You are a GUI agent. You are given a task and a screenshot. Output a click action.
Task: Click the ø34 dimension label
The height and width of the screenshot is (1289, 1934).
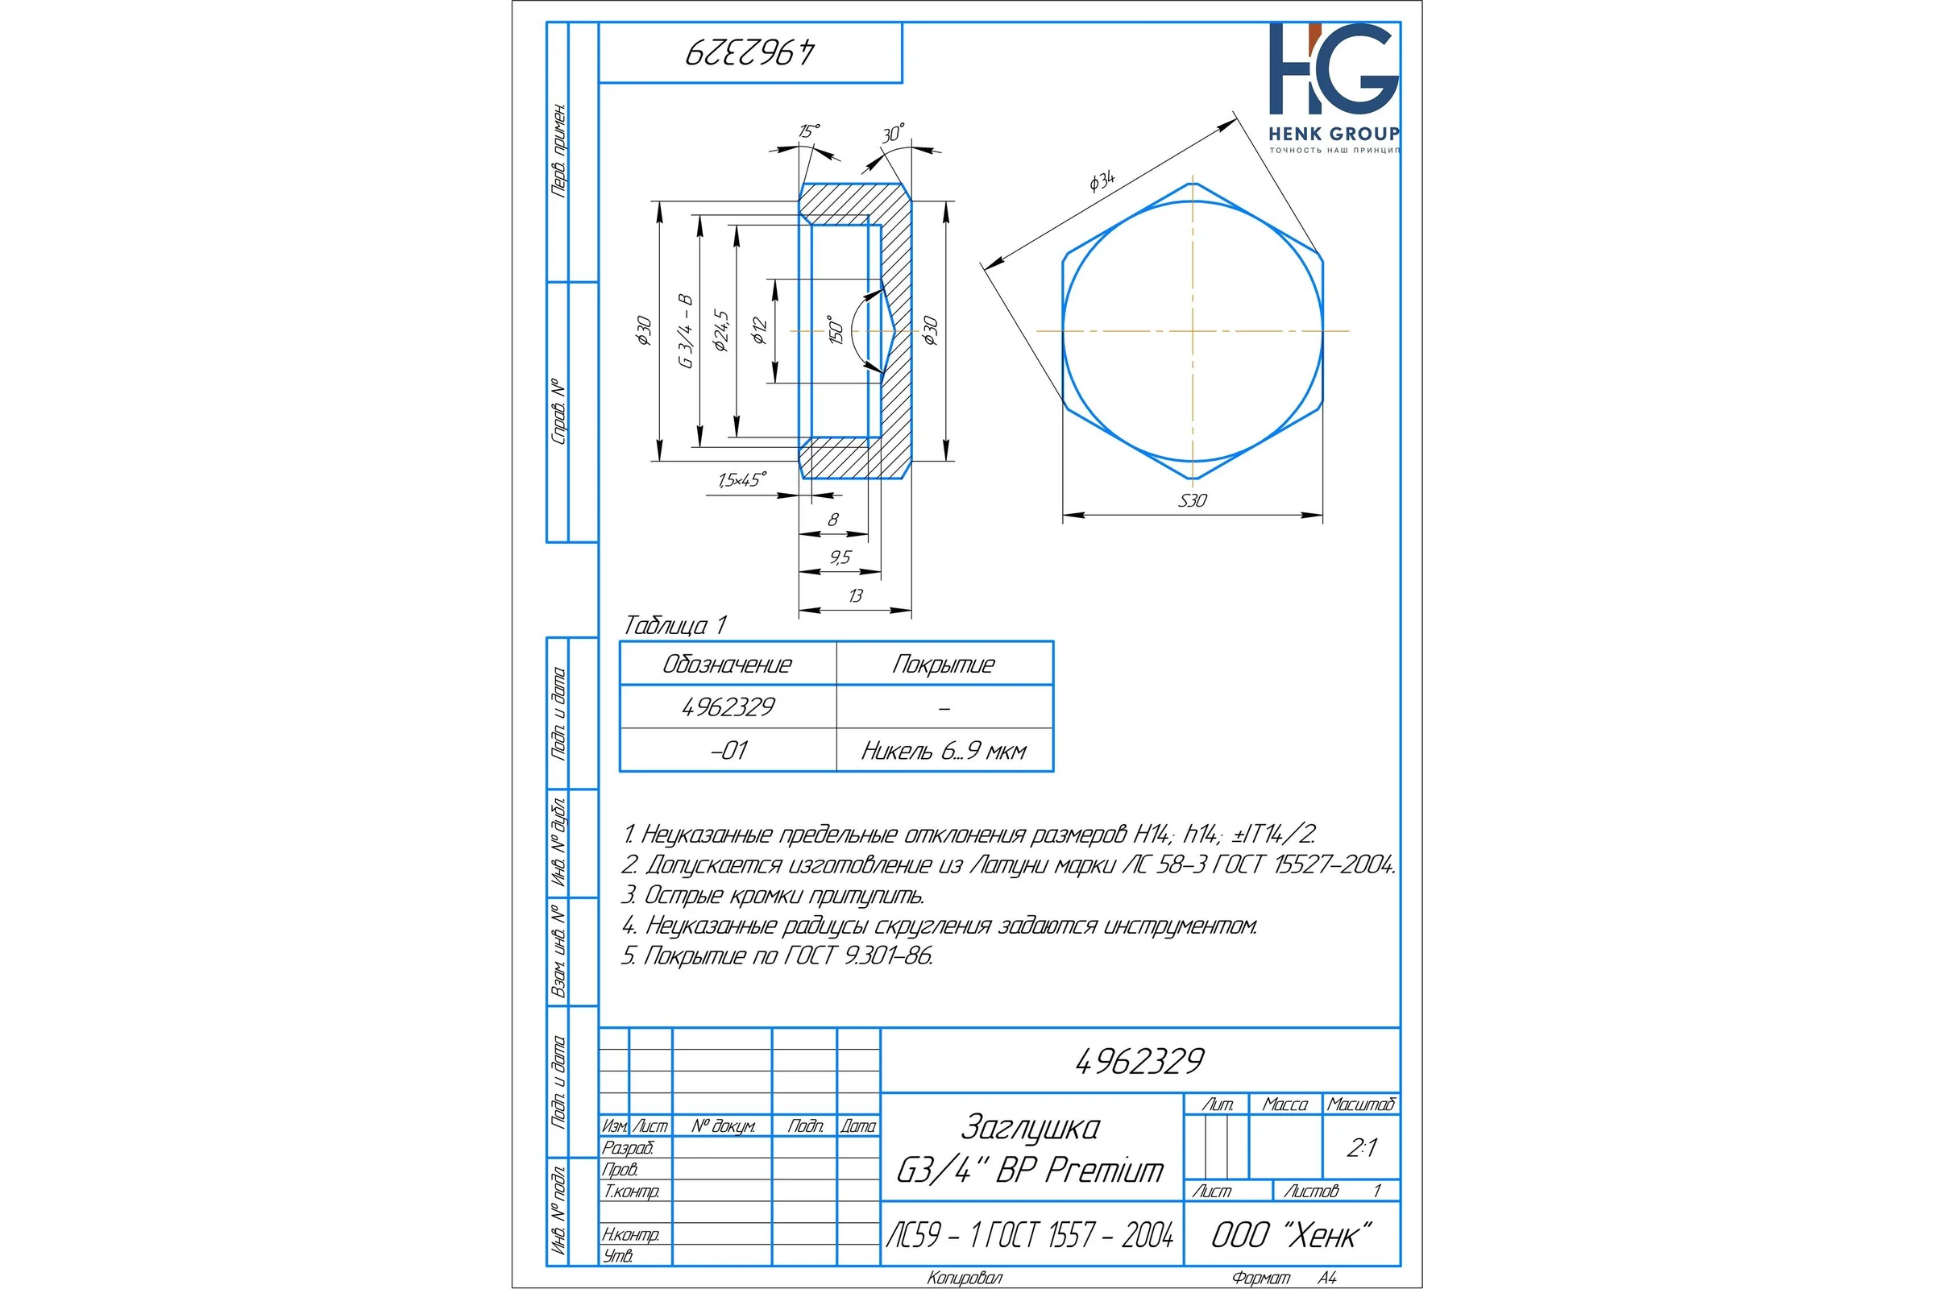coord(1102,180)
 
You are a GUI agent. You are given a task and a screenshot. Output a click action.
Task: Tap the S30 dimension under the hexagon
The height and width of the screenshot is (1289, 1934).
coord(1193,500)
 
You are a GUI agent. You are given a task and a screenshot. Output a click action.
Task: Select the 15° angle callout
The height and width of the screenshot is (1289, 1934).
coord(809,131)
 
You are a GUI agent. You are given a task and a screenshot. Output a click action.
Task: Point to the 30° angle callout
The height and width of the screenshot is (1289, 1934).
coord(893,133)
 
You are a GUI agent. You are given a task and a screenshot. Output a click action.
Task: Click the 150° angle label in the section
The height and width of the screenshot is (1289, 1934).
coord(836,329)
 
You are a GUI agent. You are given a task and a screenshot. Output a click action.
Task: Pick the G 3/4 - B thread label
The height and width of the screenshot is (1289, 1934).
coord(685,330)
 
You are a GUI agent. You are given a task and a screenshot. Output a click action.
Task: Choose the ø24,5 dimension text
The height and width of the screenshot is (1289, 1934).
coord(720,330)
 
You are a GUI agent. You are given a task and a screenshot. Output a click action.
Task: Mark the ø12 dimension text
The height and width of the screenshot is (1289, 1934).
coord(758,330)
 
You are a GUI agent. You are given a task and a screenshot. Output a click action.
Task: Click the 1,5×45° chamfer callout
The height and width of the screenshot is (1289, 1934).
coord(741,479)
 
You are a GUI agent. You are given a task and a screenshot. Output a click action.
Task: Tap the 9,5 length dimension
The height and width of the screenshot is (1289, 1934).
coord(840,557)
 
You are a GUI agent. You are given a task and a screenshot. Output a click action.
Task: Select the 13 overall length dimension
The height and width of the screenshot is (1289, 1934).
coord(855,595)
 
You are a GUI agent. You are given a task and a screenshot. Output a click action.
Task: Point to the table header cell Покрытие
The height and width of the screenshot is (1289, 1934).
coord(944,664)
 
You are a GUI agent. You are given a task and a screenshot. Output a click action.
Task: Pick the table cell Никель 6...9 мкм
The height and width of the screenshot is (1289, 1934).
coord(944,751)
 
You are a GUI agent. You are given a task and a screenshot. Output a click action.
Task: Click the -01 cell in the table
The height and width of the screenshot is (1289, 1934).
coord(728,751)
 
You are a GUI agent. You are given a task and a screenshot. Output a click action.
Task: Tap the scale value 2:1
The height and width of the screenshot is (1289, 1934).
coord(1361,1147)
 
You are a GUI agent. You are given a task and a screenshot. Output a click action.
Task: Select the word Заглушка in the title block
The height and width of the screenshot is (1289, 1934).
coord(1031,1127)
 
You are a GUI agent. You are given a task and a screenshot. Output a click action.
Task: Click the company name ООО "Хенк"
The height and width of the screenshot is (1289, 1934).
coord(1292,1235)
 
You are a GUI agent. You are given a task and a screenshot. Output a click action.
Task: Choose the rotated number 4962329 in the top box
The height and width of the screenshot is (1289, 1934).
coord(750,52)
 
